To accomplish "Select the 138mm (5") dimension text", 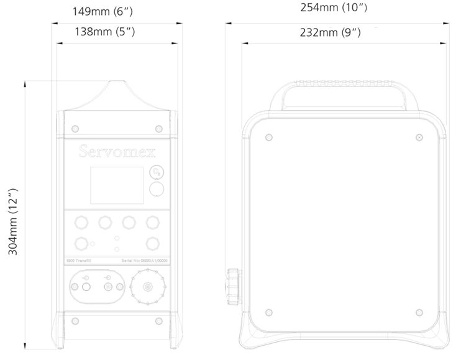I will [109, 31].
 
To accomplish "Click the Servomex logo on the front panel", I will [117, 152].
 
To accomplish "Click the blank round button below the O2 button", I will [158, 190].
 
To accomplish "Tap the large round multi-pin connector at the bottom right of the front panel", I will [148, 287].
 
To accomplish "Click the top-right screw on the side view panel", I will [419, 137].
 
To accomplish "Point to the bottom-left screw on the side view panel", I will [268, 312].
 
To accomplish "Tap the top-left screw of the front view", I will [75, 128].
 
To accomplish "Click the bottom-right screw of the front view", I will [158, 321].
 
